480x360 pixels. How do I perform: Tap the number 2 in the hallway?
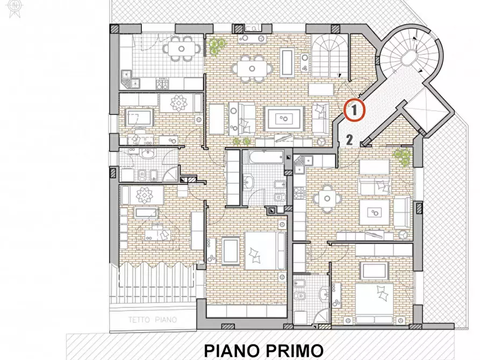click(349, 141)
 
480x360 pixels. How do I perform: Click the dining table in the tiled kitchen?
click(181, 49)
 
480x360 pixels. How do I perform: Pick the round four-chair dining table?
click(327, 198)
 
